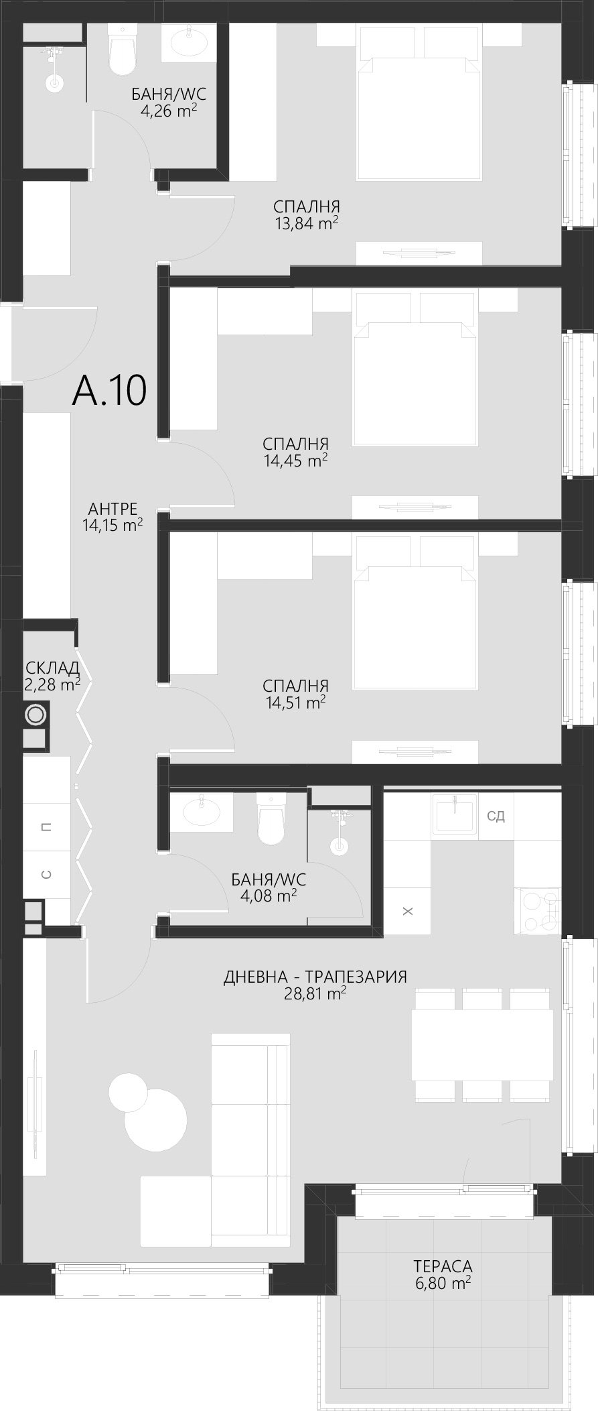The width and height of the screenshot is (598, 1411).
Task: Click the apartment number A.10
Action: [109, 391]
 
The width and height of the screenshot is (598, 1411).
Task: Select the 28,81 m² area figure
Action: [315, 993]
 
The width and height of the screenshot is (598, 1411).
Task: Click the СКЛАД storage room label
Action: [52, 668]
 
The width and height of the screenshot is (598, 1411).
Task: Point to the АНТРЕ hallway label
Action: [113, 509]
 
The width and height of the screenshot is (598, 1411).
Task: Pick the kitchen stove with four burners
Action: [536, 910]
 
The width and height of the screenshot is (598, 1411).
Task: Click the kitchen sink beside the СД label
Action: [454, 814]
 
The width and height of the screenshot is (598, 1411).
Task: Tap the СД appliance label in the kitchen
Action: [496, 816]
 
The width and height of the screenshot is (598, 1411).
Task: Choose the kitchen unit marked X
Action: [407, 911]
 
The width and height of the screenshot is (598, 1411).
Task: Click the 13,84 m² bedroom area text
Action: [306, 223]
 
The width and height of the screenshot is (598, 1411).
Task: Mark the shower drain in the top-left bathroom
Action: [54, 84]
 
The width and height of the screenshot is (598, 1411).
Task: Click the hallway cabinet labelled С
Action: [46, 874]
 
